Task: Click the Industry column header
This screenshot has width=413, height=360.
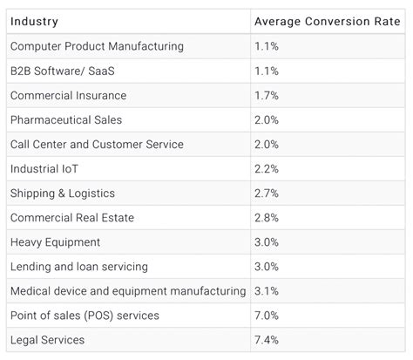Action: pyautogui.click(x=34, y=20)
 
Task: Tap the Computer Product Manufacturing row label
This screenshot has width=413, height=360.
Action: pyautogui.click(x=97, y=46)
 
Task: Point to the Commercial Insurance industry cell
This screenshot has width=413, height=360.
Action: pyautogui.click(x=68, y=95)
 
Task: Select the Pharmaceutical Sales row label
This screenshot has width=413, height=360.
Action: pyautogui.click(x=66, y=119)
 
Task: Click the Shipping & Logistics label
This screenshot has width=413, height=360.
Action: pyautogui.click(x=62, y=193)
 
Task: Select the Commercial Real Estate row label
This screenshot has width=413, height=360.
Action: pyautogui.click(x=71, y=217)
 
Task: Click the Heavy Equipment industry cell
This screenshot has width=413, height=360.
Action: pyautogui.click(x=55, y=241)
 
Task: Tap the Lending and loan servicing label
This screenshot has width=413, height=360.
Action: pyautogui.click(x=78, y=266)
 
